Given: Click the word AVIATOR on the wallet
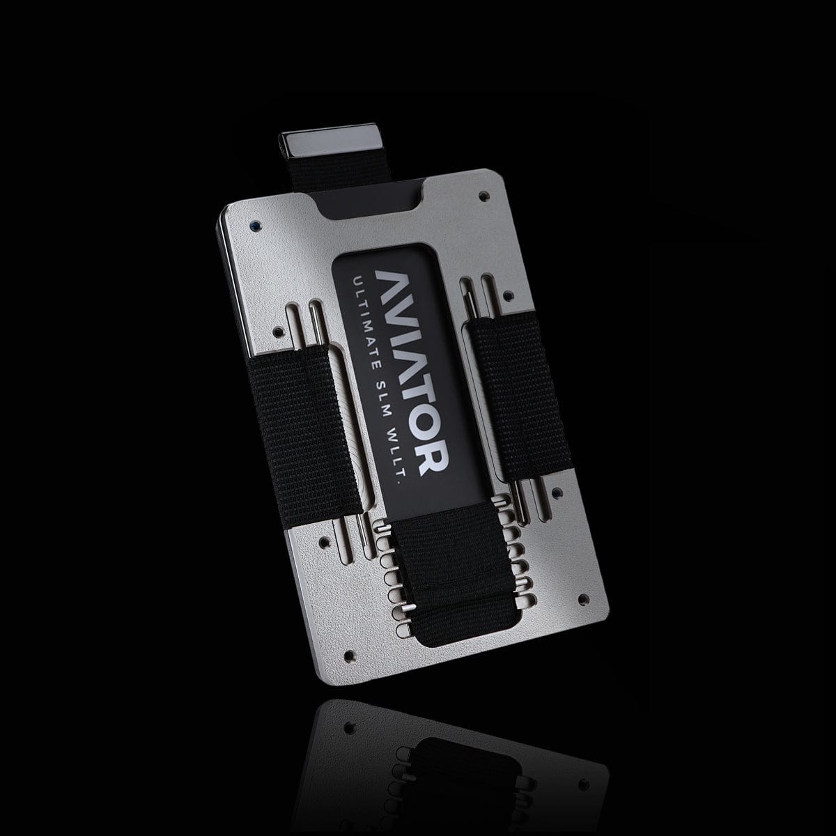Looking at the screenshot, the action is point(410,371).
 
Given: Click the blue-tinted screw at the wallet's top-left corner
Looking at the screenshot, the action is point(254,226).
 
